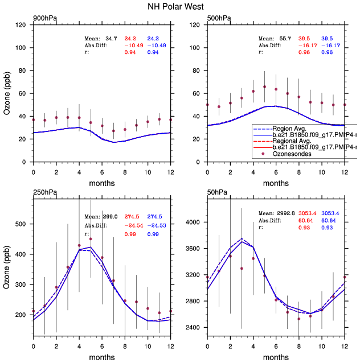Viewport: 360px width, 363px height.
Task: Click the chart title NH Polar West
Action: pyautogui.click(x=180, y=7)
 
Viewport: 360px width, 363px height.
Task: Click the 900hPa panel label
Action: pyautogui.click(x=44, y=19)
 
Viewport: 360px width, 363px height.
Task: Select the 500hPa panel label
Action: pyautogui.click(x=219, y=19)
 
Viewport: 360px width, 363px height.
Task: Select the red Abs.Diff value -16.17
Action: pyautogui.click(x=308, y=45)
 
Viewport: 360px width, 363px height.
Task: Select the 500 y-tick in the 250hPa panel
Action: pyautogui.click(x=22, y=224)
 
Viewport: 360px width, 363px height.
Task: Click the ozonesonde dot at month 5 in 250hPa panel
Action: pyautogui.click(x=91, y=239)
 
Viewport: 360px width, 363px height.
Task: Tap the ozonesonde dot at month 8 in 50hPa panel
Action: pyautogui.click(x=299, y=319)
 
